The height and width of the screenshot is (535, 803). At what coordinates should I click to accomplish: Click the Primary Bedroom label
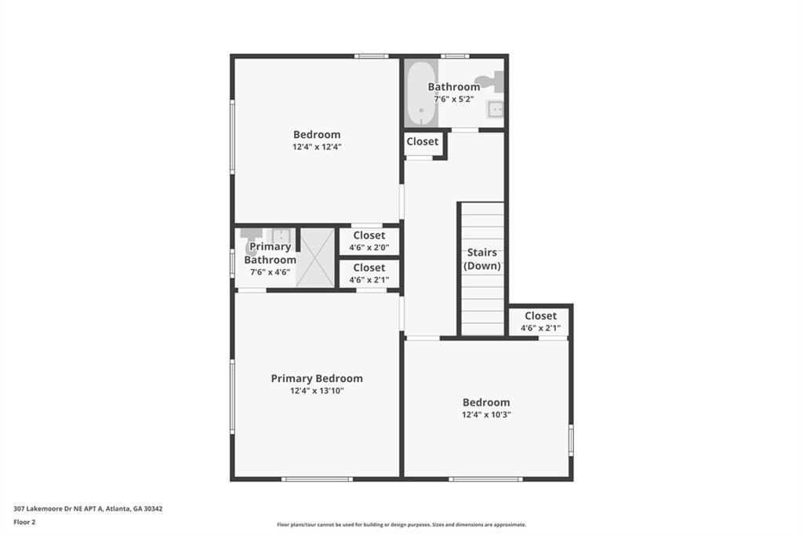coord(317,378)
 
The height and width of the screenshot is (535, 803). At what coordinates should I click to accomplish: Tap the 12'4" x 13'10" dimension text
coord(317,391)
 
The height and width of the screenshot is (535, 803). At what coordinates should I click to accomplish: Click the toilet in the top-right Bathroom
coord(492,81)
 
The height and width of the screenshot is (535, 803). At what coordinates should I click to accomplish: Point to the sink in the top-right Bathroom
coord(495,110)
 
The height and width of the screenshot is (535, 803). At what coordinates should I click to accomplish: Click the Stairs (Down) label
coord(481,259)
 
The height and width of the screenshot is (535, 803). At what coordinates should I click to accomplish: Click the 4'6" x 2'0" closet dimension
coord(369,247)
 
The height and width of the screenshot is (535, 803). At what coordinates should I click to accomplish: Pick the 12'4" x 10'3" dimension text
coord(486,415)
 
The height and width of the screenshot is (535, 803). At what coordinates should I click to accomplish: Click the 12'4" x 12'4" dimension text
coord(317,147)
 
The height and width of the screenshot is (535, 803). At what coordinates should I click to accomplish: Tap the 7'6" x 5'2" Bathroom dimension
coord(453,100)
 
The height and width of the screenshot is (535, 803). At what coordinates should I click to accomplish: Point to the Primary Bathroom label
coord(270,253)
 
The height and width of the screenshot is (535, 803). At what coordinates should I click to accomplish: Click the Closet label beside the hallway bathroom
coord(423,142)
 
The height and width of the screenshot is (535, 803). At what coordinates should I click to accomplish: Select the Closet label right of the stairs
coord(540,316)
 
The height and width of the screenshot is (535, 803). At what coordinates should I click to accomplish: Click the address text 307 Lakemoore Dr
coord(88,508)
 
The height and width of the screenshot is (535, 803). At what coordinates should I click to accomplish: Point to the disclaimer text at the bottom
coord(401,525)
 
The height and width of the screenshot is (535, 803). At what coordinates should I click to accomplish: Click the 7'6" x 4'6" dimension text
coord(270,272)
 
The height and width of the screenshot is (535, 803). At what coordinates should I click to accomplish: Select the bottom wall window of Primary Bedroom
coord(316,479)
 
